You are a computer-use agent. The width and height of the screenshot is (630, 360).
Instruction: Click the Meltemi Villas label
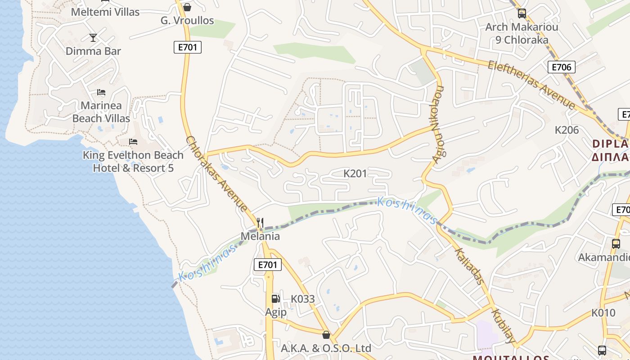click(x=105, y=12)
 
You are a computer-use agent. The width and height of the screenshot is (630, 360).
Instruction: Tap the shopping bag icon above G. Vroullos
click(x=187, y=7)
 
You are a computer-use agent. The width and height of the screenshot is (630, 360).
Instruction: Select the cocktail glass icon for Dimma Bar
click(x=93, y=38)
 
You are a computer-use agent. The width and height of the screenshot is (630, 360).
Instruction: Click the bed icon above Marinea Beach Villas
click(x=101, y=92)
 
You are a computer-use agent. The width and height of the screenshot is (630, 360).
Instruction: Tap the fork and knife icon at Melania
click(x=260, y=222)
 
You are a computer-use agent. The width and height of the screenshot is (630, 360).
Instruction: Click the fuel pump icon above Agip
click(x=275, y=298)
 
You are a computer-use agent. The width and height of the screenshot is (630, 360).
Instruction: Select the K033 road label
click(x=302, y=299)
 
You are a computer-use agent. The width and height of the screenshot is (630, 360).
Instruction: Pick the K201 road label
click(x=355, y=173)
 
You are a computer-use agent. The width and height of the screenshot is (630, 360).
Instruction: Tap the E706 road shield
click(x=561, y=67)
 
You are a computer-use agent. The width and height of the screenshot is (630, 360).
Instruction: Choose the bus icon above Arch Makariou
click(x=522, y=13)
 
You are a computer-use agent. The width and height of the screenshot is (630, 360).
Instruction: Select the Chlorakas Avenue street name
click(x=216, y=174)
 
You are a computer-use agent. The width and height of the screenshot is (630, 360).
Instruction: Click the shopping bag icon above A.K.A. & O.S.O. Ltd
click(x=326, y=335)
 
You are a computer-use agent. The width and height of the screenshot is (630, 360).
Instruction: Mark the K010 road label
click(x=603, y=312)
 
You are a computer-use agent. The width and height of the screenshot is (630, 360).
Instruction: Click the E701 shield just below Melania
click(x=268, y=265)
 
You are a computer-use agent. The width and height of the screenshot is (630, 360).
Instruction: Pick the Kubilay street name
click(x=503, y=325)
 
